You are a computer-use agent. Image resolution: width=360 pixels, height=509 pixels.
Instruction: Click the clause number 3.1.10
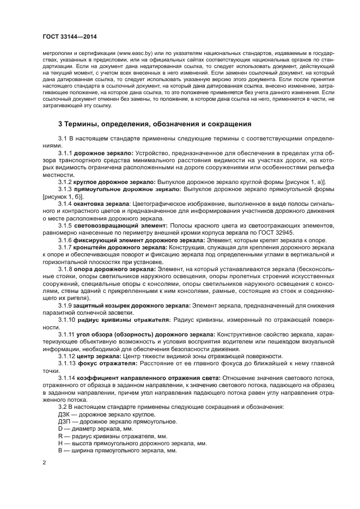pyautogui.click(x=67, y=320)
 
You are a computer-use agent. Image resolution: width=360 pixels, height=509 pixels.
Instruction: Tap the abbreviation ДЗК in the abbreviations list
pyautogui.click(x=64, y=414)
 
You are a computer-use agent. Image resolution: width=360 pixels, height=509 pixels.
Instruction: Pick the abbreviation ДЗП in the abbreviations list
pyautogui.click(x=64, y=421)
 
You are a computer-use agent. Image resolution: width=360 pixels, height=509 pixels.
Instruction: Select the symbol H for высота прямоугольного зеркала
pyautogui.click(x=60, y=444)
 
